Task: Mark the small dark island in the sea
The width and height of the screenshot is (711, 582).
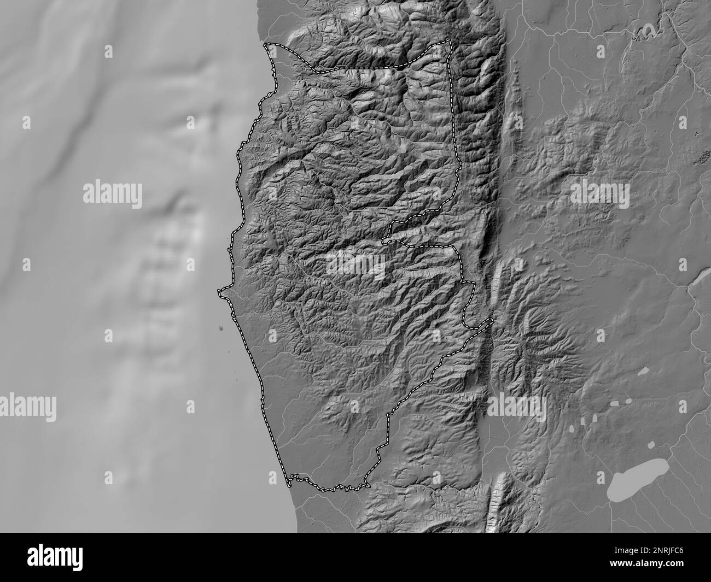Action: point(222,328)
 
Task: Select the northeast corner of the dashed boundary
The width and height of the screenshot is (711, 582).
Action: point(450,42)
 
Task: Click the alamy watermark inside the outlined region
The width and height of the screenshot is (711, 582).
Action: point(356,264)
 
